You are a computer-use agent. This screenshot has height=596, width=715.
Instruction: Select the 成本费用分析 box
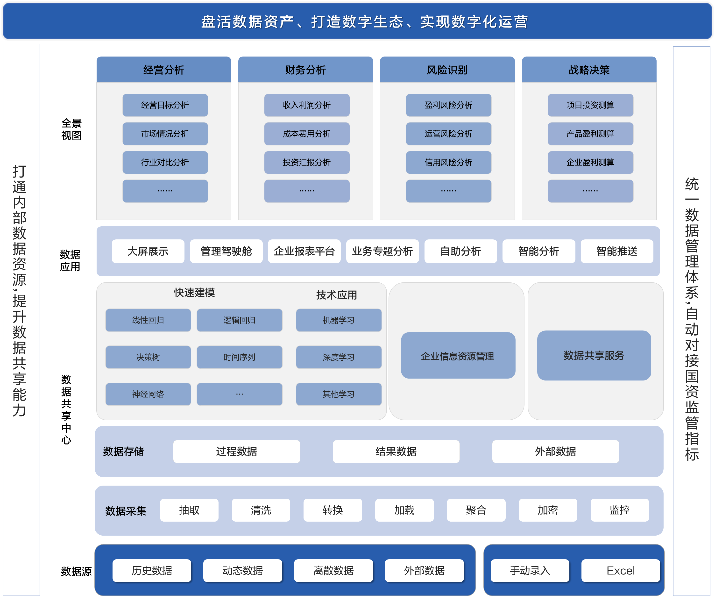pos(307,134)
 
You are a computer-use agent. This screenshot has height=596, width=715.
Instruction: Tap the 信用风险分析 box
pos(448,162)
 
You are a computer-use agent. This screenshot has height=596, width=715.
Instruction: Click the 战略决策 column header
pos(589,70)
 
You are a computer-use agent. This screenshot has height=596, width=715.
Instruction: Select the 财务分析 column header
pos(305,70)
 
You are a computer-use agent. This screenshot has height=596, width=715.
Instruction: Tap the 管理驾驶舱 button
pos(226,251)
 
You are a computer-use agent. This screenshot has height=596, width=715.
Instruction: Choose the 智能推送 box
pos(617,251)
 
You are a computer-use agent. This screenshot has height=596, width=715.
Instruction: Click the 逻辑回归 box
pos(239,320)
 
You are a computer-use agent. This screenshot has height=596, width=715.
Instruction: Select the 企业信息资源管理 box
pos(458,356)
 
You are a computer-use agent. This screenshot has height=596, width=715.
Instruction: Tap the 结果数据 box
pos(396,451)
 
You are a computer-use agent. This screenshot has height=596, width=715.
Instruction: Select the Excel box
pos(621,570)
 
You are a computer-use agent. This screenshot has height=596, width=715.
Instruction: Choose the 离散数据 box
pos(333,570)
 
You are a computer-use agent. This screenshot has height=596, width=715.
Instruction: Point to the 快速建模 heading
pos(194,293)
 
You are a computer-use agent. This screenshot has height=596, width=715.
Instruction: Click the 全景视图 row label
pos(71,129)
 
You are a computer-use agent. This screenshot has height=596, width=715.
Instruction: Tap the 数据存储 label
pos(124,452)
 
